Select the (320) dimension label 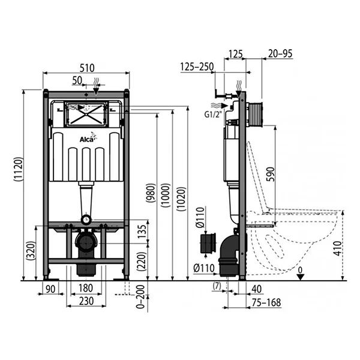(x=31, y=252)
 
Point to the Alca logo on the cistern (x=88, y=139)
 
